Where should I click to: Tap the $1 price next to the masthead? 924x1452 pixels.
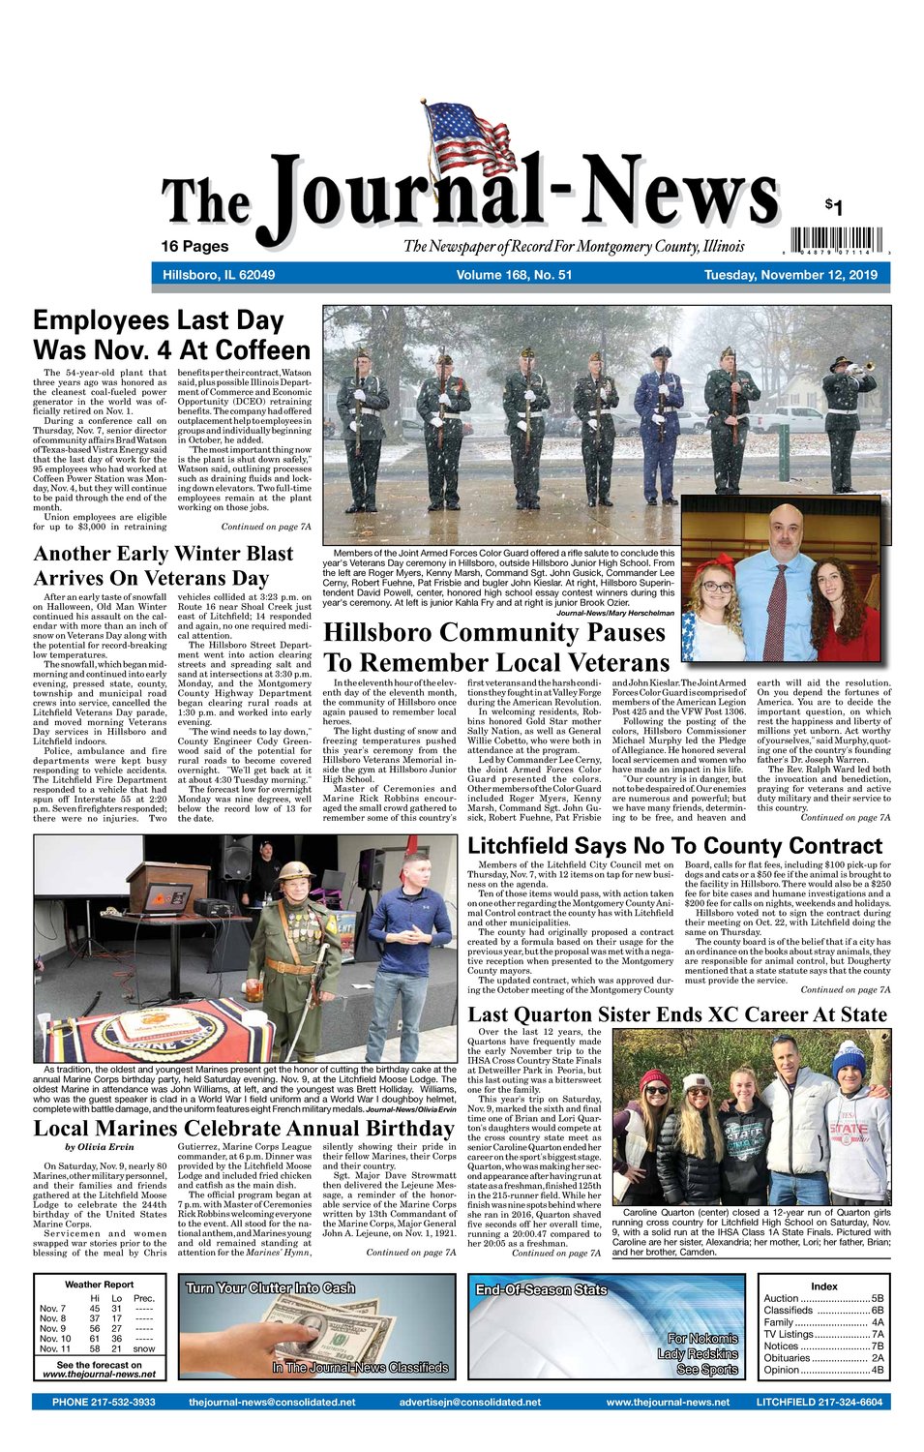coord(834,206)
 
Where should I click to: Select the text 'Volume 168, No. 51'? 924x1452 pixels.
coord(514,275)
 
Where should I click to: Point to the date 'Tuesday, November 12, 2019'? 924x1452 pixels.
coord(790,275)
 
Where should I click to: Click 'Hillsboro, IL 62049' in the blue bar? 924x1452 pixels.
coord(219,275)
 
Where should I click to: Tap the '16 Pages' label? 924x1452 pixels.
coord(194,246)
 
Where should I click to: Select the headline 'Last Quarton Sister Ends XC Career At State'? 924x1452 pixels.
coord(677,1014)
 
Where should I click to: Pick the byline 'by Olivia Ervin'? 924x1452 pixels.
coord(99,1147)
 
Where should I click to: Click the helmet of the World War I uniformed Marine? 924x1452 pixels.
coord(295,869)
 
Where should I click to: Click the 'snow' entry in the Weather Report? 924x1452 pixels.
coord(144,1348)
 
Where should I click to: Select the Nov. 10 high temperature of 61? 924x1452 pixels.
coord(95,1339)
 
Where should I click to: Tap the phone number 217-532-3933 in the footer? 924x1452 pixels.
coord(104,1402)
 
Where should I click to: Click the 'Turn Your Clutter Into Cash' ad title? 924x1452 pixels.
coord(270,1288)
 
